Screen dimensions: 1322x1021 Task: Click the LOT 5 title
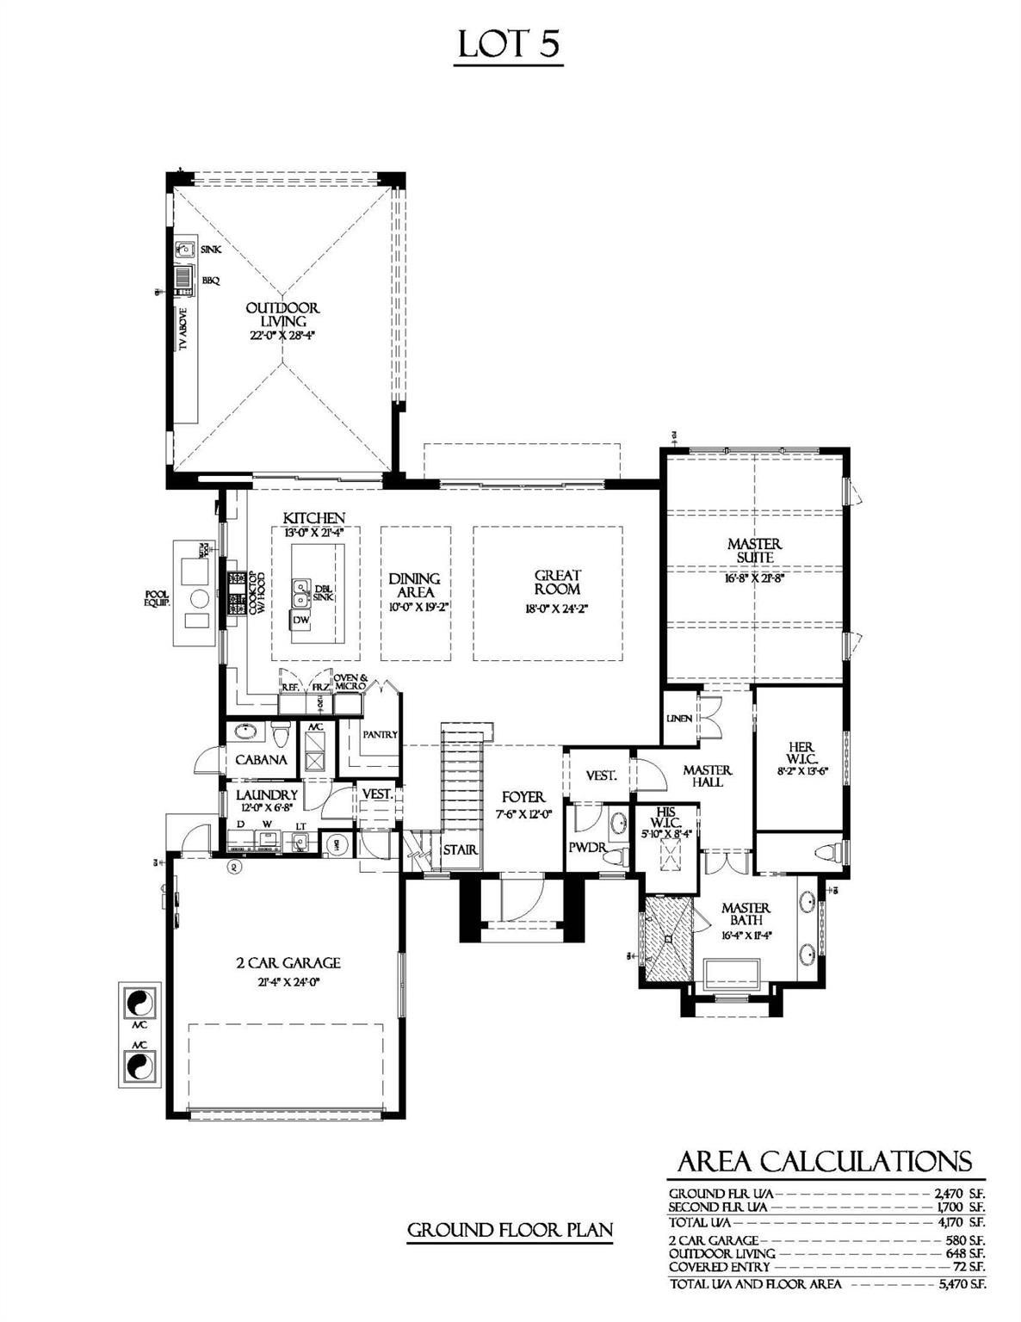pos(509,45)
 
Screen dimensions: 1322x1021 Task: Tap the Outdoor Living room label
pos(282,314)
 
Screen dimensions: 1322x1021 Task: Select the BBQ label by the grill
pos(211,280)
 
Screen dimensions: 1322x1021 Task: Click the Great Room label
pos(558,582)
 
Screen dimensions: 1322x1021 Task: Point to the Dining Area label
pos(414,585)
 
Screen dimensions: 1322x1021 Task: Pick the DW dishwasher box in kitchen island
pos(301,620)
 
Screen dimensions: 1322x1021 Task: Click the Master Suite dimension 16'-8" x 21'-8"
pos(754,578)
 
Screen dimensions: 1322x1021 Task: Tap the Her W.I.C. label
pos(801,753)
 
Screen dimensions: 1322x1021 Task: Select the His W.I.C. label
pos(665,816)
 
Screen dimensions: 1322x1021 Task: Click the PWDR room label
pos(588,848)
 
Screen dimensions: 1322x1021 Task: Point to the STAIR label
pos(461,850)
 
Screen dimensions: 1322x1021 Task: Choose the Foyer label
pos(523,798)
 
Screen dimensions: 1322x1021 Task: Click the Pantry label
pos(380,734)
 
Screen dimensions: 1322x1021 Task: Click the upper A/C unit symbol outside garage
pos(139,1004)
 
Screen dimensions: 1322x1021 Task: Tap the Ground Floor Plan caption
pos(510,1230)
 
